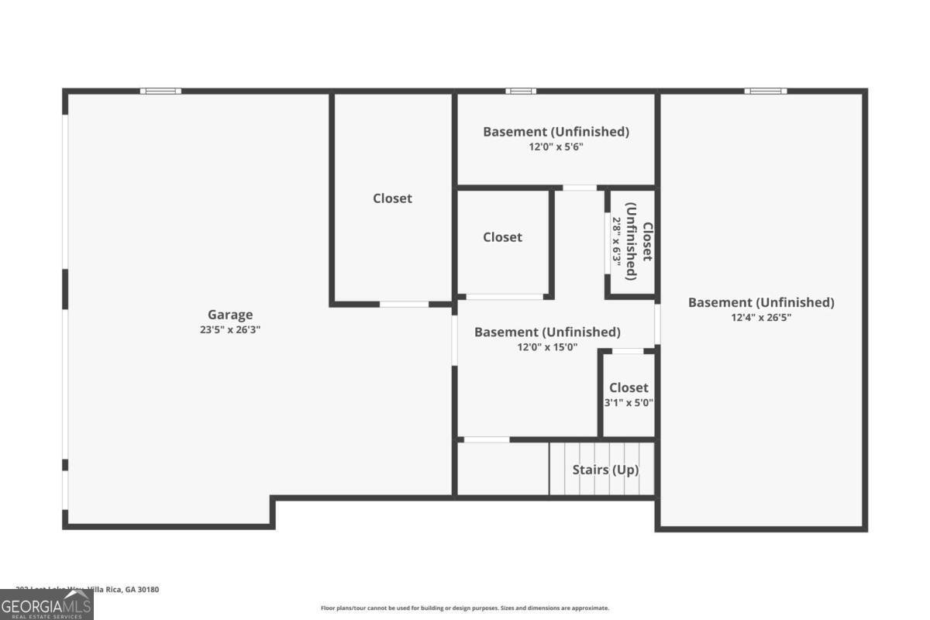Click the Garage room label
point(230,315)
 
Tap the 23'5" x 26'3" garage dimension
point(230,329)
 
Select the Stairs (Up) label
point(605,470)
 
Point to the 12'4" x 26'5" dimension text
point(761,317)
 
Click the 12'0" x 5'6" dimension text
point(556,146)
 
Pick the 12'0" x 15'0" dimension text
point(547,347)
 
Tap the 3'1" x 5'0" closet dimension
point(629,402)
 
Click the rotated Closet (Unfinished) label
point(639,241)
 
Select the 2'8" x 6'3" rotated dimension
point(617,241)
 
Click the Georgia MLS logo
point(46,604)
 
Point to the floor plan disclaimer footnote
point(465,608)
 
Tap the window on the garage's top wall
point(160,91)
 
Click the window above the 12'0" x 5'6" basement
point(520,91)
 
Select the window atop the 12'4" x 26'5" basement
point(765,91)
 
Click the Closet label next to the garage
point(392,198)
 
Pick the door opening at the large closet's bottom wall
point(404,305)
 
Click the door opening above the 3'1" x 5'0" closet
point(628,352)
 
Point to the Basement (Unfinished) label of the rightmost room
point(761,302)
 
